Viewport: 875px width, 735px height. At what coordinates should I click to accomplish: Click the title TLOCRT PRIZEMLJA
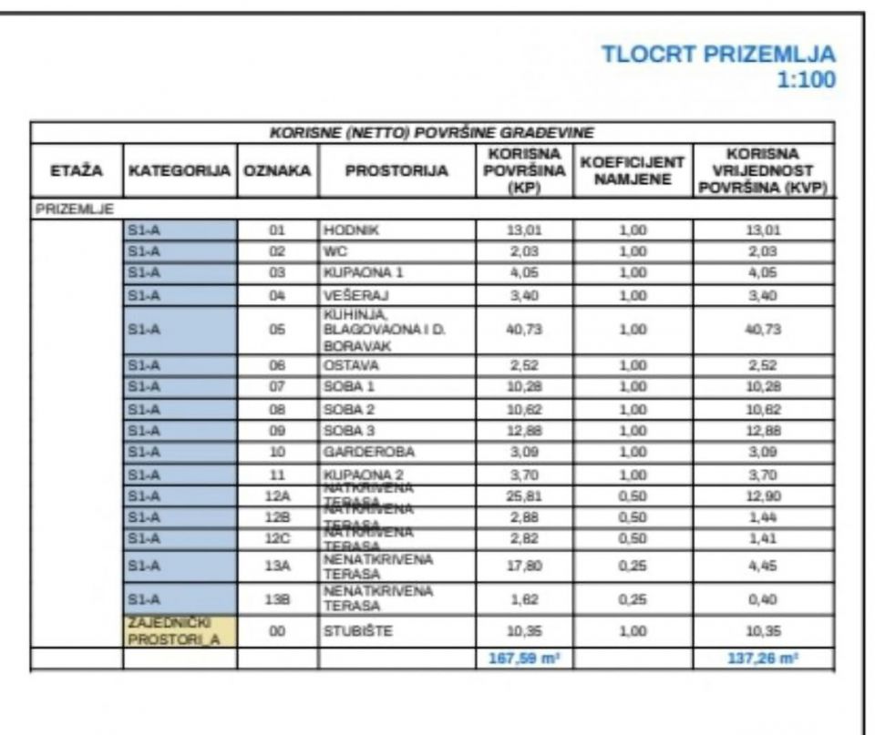click(x=718, y=54)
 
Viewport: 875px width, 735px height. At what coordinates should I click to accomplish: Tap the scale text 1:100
click(x=806, y=80)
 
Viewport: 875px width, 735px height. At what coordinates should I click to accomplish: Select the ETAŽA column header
click(x=77, y=171)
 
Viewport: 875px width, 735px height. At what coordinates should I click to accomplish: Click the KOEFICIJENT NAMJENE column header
click(x=632, y=171)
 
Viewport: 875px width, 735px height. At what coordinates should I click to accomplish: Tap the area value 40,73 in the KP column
click(x=524, y=330)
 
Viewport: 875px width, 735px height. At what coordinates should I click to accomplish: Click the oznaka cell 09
click(x=278, y=430)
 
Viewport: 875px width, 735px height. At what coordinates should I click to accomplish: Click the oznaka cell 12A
click(x=278, y=495)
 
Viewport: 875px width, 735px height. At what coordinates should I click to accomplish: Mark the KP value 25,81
click(x=524, y=495)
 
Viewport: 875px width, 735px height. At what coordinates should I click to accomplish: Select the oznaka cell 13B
click(x=278, y=598)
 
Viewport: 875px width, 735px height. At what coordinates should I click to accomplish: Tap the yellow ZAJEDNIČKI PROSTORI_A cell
click(x=180, y=631)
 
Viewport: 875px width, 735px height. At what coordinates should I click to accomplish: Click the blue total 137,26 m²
click(x=763, y=658)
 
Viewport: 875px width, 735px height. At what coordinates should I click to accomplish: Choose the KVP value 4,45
click(x=763, y=565)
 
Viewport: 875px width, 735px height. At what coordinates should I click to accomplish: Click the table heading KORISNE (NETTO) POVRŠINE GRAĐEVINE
click(x=432, y=133)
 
